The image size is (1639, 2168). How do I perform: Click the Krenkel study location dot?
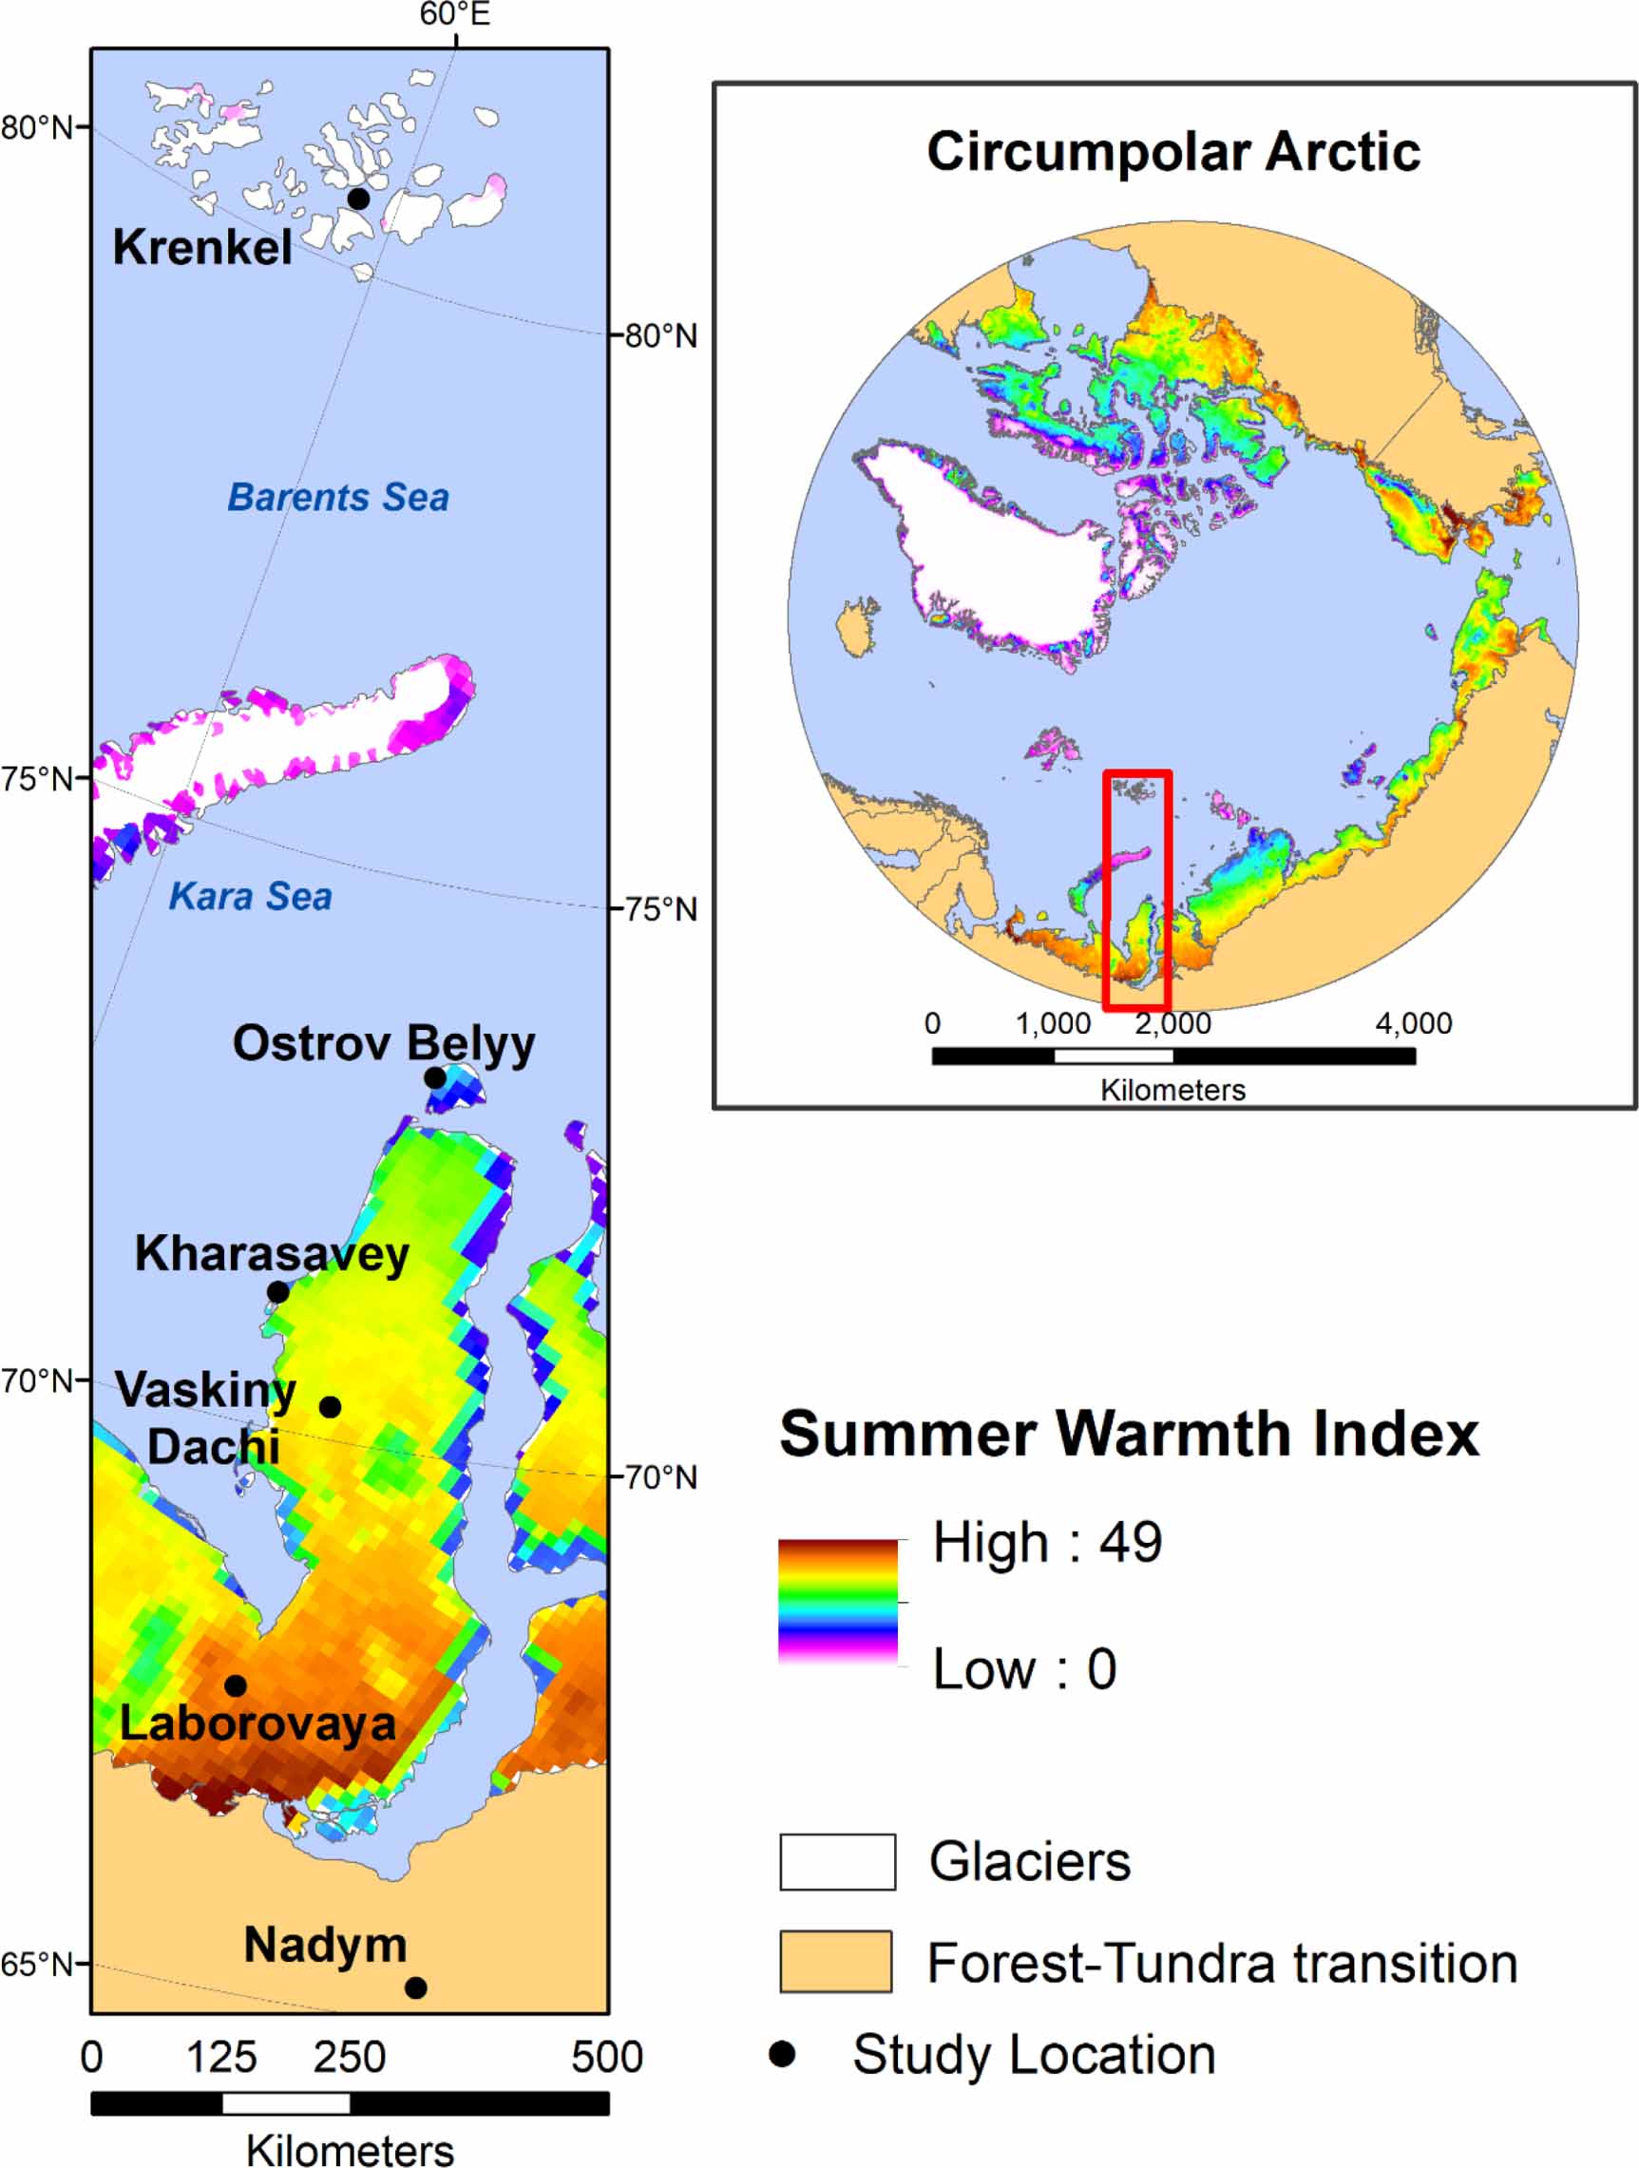(359, 199)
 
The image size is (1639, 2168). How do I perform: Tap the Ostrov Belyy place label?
(383, 1043)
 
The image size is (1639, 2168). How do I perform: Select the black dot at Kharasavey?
(278, 1292)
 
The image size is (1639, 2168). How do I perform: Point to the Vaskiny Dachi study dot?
(331, 1406)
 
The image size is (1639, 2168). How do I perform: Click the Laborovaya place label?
(257, 1723)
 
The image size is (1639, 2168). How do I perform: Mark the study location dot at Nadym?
(415, 1987)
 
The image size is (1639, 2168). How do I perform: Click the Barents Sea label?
(338, 497)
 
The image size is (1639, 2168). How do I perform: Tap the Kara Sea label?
(250, 896)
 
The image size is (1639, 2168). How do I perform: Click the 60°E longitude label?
(455, 14)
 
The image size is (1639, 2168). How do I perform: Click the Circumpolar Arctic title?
(1173, 152)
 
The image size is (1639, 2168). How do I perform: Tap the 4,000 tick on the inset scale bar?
(1413, 1023)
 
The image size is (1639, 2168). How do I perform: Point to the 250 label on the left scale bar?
(349, 2056)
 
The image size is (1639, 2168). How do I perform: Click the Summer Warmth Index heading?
(1128, 1434)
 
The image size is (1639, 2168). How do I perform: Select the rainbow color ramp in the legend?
(838, 1602)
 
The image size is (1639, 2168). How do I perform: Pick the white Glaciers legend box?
(837, 1861)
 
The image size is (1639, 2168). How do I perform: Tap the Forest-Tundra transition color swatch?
(835, 1961)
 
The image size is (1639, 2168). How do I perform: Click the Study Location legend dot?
(782, 2053)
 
